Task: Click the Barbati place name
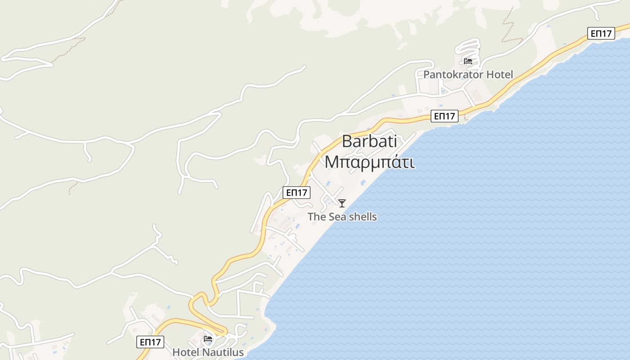tap(369, 141)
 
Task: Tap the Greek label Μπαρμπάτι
tap(369, 162)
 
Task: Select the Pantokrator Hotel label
tap(468, 75)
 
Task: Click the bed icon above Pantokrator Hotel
tap(468, 61)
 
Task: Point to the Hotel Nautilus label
tap(208, 352)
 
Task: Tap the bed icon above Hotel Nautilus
tap(208, 338)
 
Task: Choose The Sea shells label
tap(342, 217)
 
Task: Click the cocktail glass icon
tap(342, 203)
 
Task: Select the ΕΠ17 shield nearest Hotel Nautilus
tap(150, 342)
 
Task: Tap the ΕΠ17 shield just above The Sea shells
tap(297, 193)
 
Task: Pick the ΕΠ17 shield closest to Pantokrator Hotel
tap(444, 116)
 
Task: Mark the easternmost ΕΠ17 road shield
tap(601, 33)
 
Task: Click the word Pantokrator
tap(452, 75)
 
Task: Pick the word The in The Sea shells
tap(316, 217)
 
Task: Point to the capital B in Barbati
tap(347, 141)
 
